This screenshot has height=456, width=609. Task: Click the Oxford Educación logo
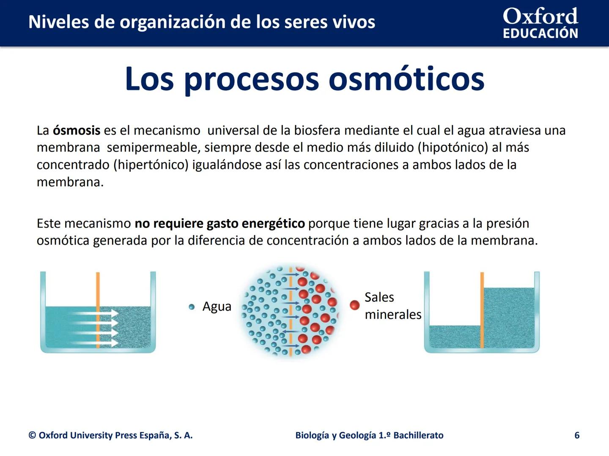[540, 23]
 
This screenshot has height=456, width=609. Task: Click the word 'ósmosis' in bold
[77, 130]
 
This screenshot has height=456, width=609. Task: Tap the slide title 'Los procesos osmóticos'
[304, 79]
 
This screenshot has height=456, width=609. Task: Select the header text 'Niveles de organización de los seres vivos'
[202, 22]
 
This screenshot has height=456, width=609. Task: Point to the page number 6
[577, 435]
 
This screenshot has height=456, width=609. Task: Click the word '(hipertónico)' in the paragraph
[151, 165]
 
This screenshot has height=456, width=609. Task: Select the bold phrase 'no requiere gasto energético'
[219, 223]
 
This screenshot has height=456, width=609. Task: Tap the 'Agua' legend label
[217, 307]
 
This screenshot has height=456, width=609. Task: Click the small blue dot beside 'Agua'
[192, 307]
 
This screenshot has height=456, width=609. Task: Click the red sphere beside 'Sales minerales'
[355, 305]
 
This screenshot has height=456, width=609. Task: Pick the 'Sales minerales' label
[392, 306]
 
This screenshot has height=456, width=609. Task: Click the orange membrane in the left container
[98, 291]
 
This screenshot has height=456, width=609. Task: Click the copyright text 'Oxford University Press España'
[110, 435]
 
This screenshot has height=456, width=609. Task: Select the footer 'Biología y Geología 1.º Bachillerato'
[369, 435]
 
